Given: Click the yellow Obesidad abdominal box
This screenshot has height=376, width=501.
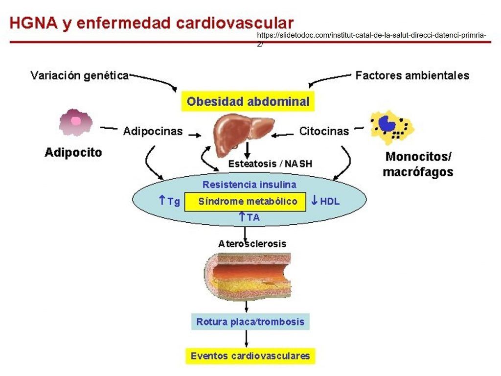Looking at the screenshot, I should click(248, 102).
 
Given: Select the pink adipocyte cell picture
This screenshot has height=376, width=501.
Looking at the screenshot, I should click(75, 122).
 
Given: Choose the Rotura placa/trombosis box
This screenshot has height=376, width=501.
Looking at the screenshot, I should click(250, 322).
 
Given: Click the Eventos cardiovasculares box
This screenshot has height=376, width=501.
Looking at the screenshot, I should click(250, 355).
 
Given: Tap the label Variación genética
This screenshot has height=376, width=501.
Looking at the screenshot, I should click(79, 75).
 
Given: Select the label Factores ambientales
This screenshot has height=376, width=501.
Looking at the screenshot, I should click(412, 75).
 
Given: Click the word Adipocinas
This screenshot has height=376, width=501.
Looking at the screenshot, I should click(153, 131).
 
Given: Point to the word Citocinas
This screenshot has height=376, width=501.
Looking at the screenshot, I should click(324, 131).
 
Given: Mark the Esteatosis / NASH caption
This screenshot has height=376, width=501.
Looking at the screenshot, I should click(270, 164).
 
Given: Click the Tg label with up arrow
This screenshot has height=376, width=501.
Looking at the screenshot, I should click(170, 201).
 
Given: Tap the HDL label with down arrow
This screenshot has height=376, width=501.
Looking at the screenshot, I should click(325, 201).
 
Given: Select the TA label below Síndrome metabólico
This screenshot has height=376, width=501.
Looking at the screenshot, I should click(250, 217).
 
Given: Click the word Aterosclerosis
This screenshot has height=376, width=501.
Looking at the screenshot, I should click(252, 243).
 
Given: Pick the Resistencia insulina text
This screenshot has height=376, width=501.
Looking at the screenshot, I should click(249, 185).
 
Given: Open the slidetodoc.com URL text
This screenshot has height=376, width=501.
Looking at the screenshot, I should click(371, 36).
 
